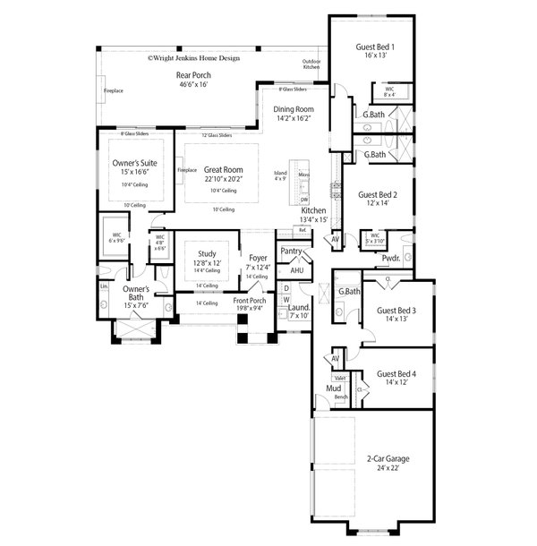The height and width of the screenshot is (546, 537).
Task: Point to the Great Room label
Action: (x=223, y=169)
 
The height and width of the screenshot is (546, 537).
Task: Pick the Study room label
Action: (x=207, y=253)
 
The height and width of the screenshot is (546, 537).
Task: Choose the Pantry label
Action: (x=291, y=252)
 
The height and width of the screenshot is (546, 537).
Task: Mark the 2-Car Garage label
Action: (x=388, y=458)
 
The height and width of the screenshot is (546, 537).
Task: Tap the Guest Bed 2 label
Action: (x=378, y=193)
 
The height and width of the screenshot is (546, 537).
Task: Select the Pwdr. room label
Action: (x=390, y=258)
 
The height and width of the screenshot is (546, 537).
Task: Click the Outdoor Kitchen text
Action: (x=311, y=64)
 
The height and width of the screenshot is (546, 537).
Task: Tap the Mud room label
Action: (x=333, y=388)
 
